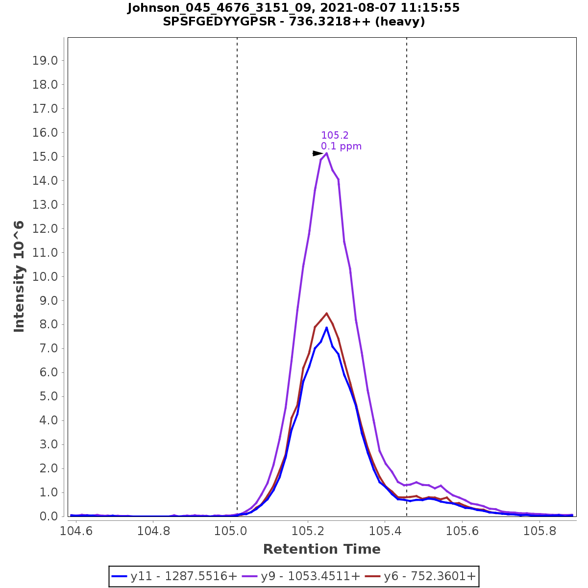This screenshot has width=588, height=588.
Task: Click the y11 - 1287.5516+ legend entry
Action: (x=174, y=576)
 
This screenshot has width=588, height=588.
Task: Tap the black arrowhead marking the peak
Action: (x=318, y=153)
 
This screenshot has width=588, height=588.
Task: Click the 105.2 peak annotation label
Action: (x=335, y=135)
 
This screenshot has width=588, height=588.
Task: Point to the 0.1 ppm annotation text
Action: (x=341, y=146)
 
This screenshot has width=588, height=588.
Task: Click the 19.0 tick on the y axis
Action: (x=45, y=61)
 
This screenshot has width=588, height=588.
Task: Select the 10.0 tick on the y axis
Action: (x=45, y=277)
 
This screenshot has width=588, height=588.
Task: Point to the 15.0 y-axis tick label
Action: (x=45, y=157)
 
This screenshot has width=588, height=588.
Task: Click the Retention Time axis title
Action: (x=321, y=549)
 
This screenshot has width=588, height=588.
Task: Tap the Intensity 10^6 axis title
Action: (x=20, y=277)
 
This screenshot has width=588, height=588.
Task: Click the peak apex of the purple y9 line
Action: (x=326, y=153)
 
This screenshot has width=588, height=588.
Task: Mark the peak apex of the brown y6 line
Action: (x=326, y=313)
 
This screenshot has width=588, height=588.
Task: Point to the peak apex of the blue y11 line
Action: (x=326, y=327)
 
